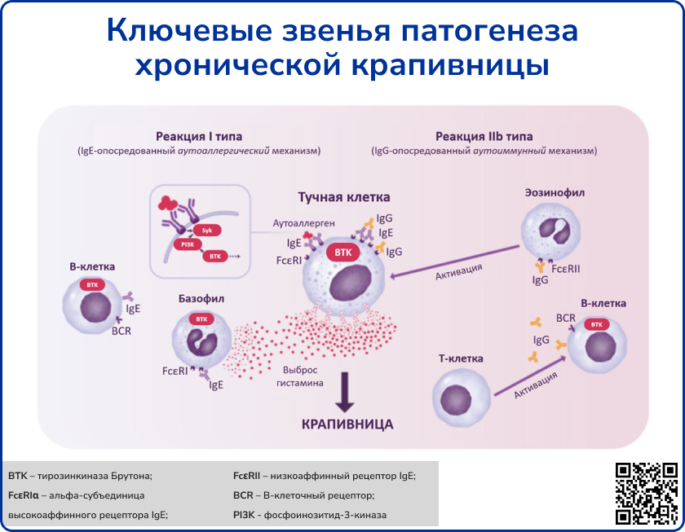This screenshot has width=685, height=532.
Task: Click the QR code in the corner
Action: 647,492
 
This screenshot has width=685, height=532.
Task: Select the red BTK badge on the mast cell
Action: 342,253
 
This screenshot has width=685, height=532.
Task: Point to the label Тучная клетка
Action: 343,198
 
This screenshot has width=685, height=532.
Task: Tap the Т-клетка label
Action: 461,358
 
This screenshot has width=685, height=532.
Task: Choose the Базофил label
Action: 201,299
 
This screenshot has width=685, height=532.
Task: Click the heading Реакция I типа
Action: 199,136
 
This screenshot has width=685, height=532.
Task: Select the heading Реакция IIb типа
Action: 484,136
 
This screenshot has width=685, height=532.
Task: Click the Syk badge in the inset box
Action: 206,231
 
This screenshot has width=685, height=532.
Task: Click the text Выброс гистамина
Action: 303,376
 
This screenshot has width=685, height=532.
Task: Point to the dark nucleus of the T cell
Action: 460,400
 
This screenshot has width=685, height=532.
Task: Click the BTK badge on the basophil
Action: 201,319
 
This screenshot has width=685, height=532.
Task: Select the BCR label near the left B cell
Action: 122,331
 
